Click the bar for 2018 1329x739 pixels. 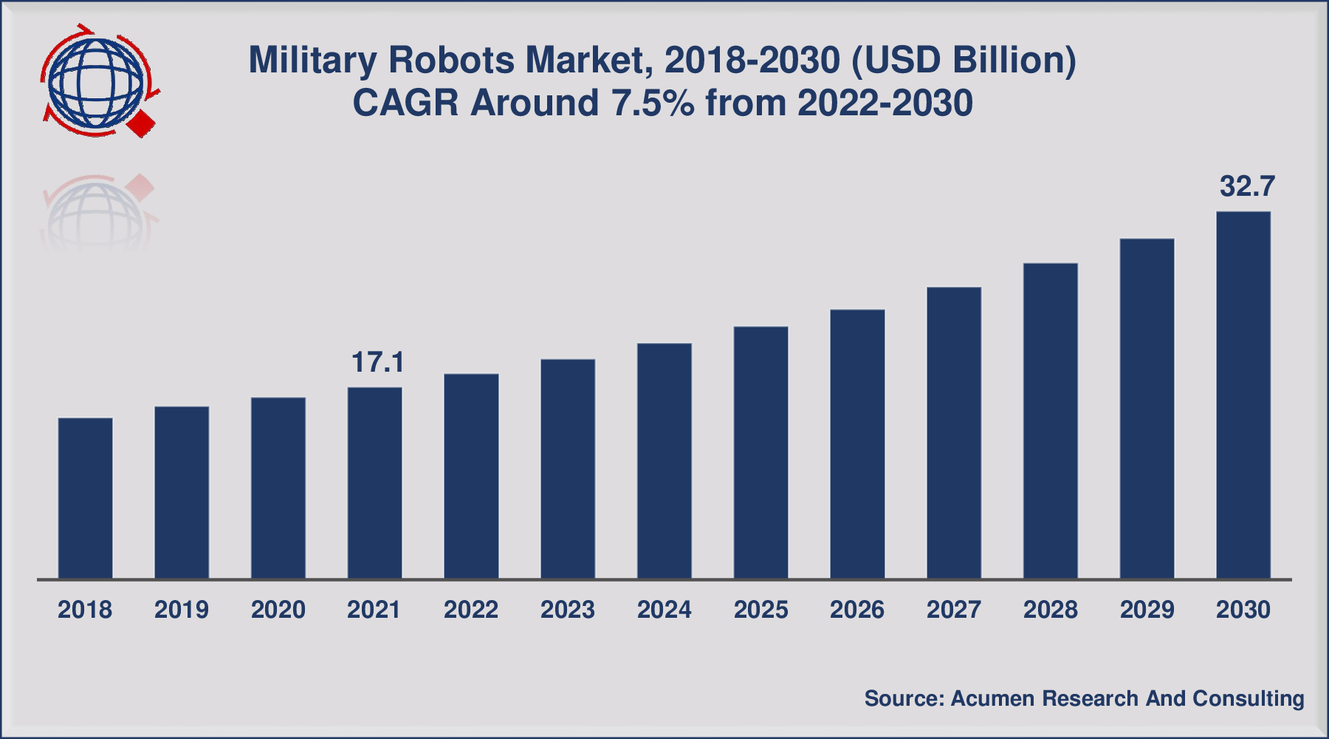[86, 498]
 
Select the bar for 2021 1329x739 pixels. [375, 483]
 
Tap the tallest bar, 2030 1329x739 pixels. [1243, 395]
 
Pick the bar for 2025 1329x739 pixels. [761, 452]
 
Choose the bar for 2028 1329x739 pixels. [1051, 420]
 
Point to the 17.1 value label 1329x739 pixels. [378, 362]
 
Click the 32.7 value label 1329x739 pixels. [1247, 186]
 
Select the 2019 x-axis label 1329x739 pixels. [182, 610]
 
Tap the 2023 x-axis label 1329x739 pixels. [568, 610]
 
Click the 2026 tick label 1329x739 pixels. [857, 610]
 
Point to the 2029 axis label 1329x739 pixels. [1147, 610]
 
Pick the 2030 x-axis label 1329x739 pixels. [1243, 610]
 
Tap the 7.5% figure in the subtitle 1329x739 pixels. [653, 103]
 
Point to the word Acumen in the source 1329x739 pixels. [992, 698]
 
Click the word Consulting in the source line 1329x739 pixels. [1249, 699]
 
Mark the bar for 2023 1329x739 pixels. [568, 469]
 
